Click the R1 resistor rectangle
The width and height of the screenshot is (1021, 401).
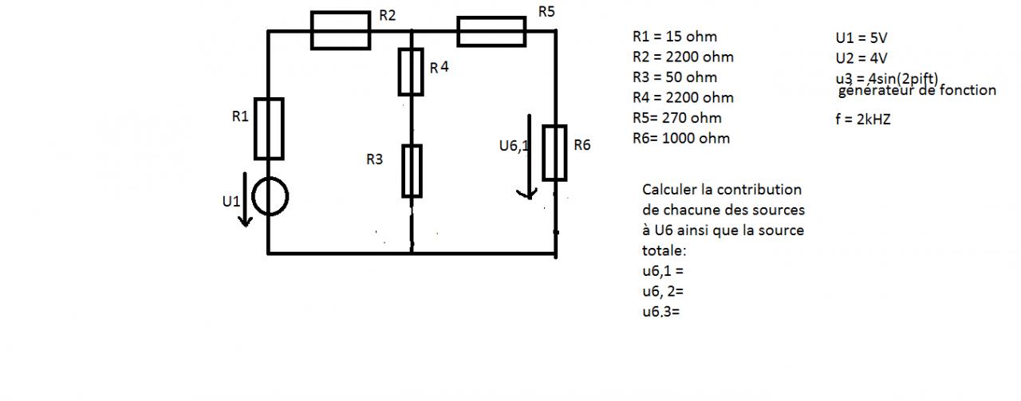269,128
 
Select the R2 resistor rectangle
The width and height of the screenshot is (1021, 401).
341,30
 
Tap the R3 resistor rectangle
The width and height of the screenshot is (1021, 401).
412,170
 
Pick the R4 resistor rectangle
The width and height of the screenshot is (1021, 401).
411,72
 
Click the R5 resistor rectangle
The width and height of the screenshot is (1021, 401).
491,31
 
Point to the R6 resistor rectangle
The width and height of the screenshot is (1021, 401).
555,152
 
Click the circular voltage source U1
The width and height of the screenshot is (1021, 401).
270,196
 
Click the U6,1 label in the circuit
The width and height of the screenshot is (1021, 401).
513,146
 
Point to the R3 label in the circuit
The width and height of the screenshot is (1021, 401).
375,159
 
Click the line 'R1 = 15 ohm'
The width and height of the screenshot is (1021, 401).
674,37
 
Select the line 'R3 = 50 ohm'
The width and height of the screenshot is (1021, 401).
674,77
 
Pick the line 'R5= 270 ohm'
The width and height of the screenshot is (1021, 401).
676,118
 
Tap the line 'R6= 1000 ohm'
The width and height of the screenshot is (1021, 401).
680,138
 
